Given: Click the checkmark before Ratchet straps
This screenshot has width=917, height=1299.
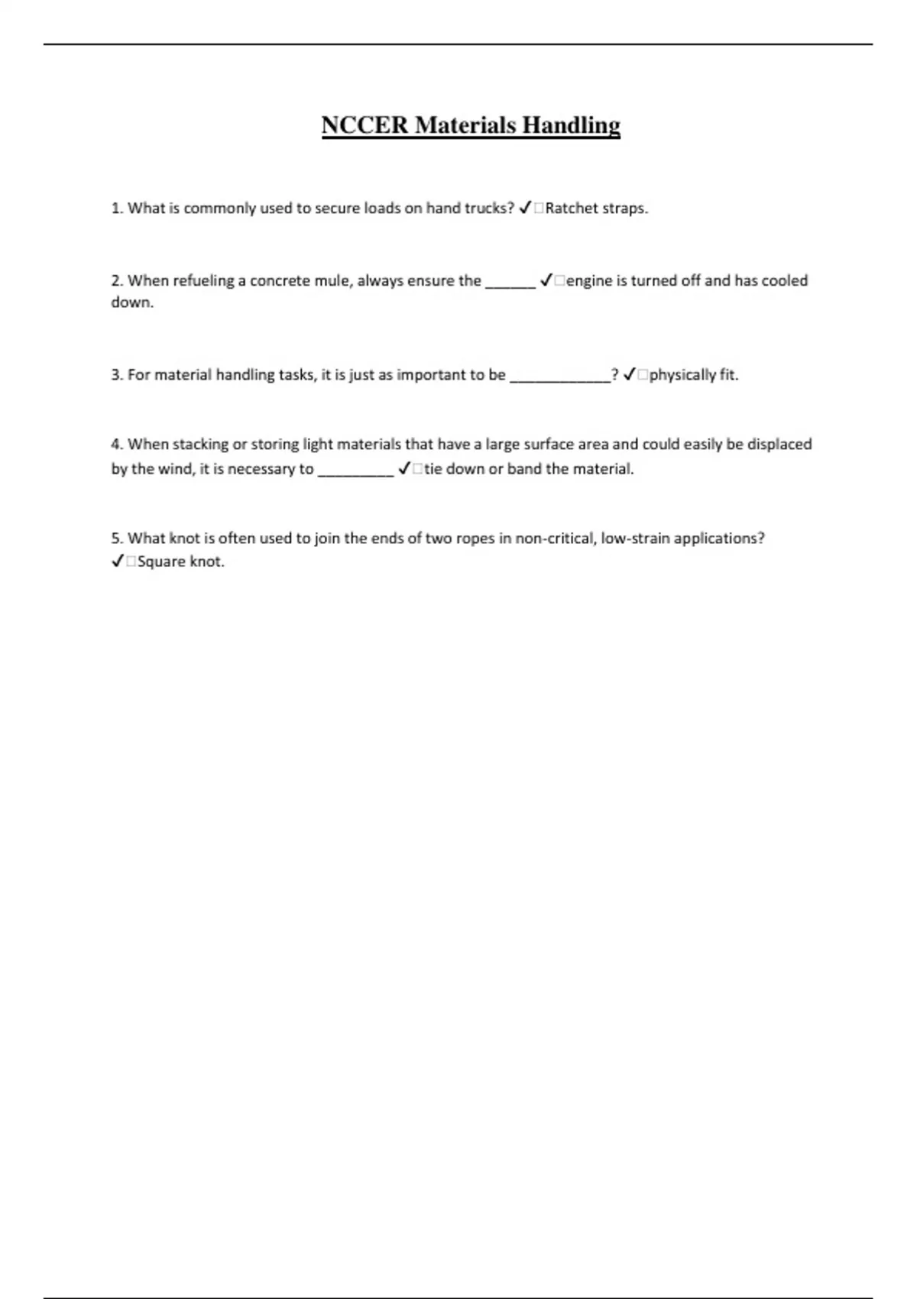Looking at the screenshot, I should click(525, 208).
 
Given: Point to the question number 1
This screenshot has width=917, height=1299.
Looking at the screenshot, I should click(117, 209).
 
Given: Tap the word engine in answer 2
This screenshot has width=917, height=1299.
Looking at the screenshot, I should click(589, 281).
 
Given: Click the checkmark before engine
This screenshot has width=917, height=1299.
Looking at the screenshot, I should click(546, 280).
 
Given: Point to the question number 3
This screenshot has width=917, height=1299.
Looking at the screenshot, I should click(117, 375).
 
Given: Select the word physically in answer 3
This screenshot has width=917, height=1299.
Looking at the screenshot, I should click(682, 375).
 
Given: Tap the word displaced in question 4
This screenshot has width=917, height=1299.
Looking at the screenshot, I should click(779, 445).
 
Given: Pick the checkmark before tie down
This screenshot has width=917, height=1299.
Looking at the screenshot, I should click(405, 468).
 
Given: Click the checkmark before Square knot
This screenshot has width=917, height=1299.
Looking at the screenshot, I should click(118, 562).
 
